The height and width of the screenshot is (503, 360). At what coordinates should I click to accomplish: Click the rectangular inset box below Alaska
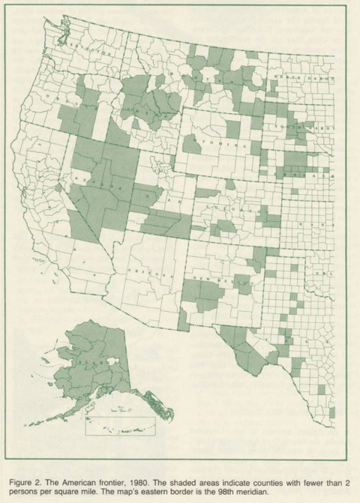(119, 424)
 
